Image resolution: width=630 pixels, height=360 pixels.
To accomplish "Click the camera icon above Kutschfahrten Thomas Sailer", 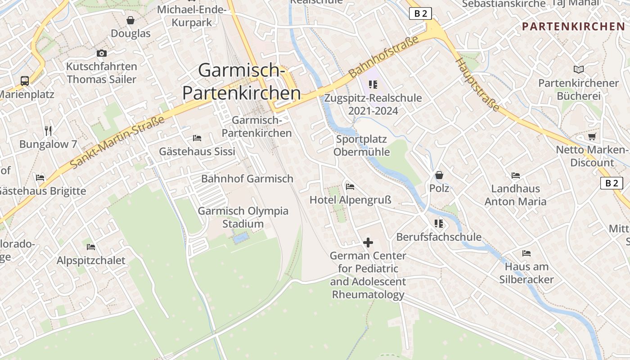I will (102, 53).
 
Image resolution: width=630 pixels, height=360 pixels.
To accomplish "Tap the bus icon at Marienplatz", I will (25, 81).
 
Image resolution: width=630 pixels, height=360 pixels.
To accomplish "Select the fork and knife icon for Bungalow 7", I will (49, 131).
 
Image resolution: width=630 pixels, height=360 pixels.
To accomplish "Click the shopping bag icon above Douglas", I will (130, 20).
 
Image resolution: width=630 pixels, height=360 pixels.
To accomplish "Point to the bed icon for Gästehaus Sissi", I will (197, 138).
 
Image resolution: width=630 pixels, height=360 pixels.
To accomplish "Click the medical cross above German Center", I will (368, 243).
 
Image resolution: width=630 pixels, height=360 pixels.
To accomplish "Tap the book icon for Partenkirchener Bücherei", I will (578, 69).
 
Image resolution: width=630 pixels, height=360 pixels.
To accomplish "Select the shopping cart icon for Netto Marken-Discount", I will (592, 136).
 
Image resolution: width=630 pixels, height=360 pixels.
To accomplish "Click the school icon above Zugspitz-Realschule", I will (373, 84).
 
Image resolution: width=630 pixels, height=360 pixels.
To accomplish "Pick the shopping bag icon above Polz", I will (439, 175).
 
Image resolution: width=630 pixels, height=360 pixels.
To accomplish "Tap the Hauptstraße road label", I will (478, 85).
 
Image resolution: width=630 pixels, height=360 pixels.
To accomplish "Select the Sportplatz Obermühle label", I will (361, 145).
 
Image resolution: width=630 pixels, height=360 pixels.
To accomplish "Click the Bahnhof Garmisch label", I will (247, 179).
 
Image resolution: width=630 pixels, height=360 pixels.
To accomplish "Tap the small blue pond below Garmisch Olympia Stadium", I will (241, 238).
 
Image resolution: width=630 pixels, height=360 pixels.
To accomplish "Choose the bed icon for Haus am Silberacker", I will (526, 253).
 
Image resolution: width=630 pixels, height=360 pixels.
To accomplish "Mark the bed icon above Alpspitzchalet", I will (91, 247).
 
